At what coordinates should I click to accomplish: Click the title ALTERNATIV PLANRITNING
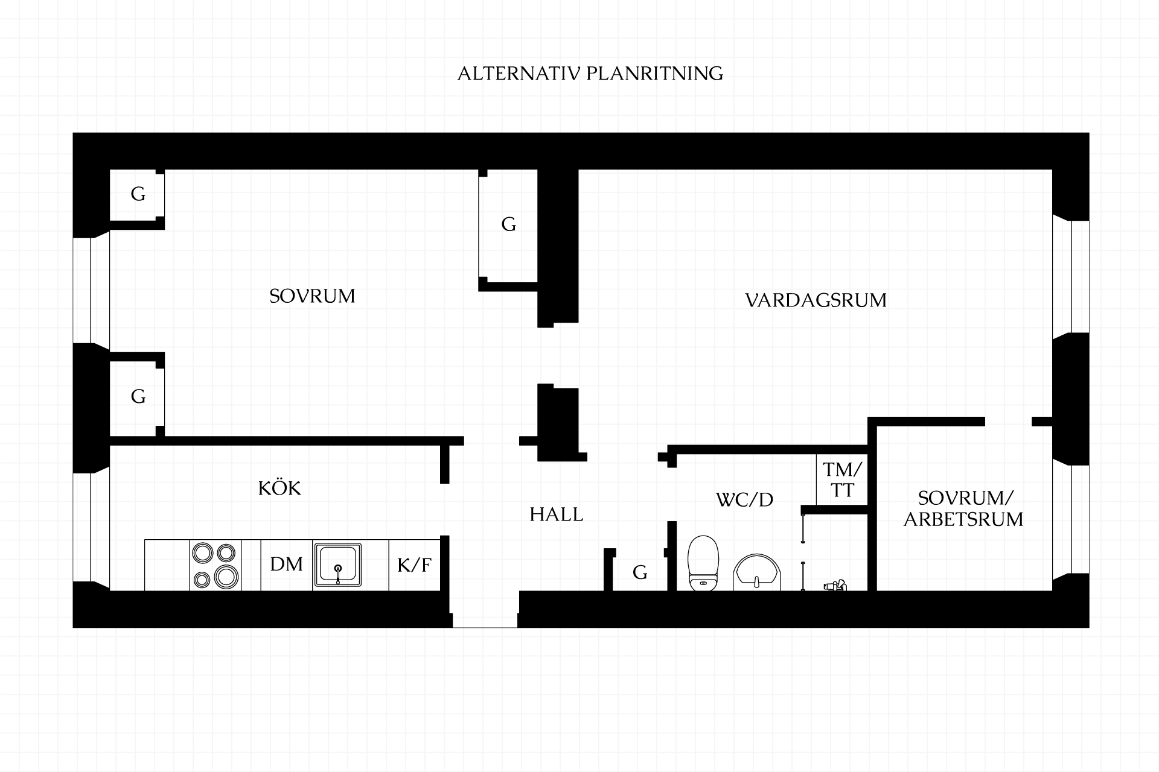click(x=590, y=74)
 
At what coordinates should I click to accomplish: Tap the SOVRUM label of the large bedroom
click(x=312, y=296)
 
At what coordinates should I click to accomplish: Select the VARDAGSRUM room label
click(x=816, y=300)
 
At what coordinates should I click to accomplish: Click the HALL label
click(x=557, y=514)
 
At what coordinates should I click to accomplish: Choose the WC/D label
click(x=744, y=500)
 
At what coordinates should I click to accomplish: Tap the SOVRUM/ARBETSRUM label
click(x=963, y=508)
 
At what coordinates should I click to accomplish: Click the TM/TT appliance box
click(x=842, y=479)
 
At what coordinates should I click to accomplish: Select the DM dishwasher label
click(x=287, y=565)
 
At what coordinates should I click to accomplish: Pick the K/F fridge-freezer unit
click(x=414, y=565)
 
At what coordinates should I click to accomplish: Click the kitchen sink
click(x=337, y=565)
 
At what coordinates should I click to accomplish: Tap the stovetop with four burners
click(x=216, y=565)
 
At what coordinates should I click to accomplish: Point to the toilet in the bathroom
click(x=703, y=563)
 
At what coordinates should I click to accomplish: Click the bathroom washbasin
click(x=757, y=573)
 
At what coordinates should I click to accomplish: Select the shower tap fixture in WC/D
click(x=835, y=585)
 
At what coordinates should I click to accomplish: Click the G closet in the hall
click(x=640, y=572)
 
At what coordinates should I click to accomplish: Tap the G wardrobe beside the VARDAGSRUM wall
click(x=508, y=225)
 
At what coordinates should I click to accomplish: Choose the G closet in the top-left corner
click(x=138, y=195)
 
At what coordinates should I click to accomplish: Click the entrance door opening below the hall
click(x=485, y=609)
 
